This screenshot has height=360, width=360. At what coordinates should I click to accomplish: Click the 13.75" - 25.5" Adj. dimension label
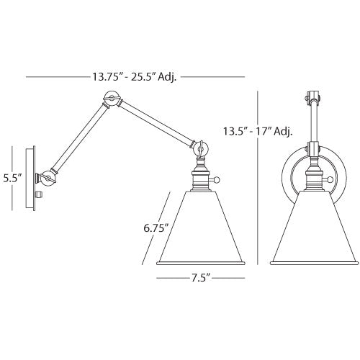(x=135, y=77)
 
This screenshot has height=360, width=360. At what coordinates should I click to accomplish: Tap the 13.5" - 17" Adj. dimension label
(x=258, y=132)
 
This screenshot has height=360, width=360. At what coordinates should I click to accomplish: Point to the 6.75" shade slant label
(x=156, y=228)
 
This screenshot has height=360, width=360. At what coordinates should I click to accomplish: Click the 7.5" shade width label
(x=201, y=278)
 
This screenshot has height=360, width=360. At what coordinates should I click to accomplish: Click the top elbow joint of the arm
(x=112, y=98)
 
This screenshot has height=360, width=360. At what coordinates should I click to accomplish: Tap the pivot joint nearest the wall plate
(x=48, y=178)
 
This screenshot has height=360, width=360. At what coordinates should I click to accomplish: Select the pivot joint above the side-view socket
(x=201, y=149)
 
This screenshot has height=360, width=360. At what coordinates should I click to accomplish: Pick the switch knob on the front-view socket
(x=330, y=179)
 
